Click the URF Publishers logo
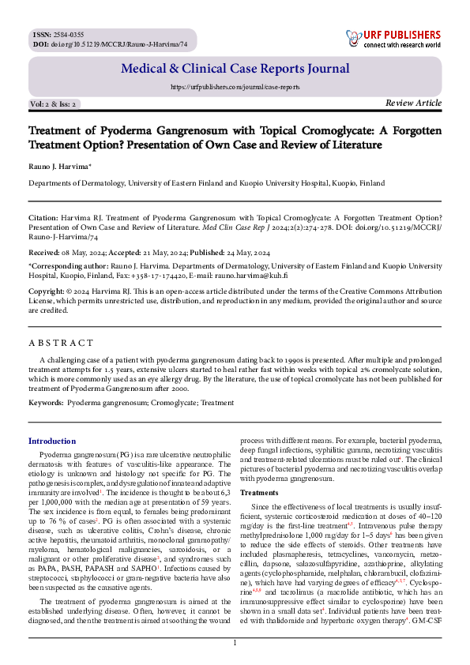click(x=393, y=39)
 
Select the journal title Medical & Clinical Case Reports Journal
click(x=235, y=70)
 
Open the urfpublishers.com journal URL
click(x=235, y=87)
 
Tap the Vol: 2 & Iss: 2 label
click(x=53, y=104)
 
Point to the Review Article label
click(x=413, y=103)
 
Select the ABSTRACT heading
click(x=61, y=344)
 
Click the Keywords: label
click(x=46, y=403)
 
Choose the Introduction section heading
click(x=52, y=441)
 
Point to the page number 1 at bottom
click(x=235, y=644)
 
